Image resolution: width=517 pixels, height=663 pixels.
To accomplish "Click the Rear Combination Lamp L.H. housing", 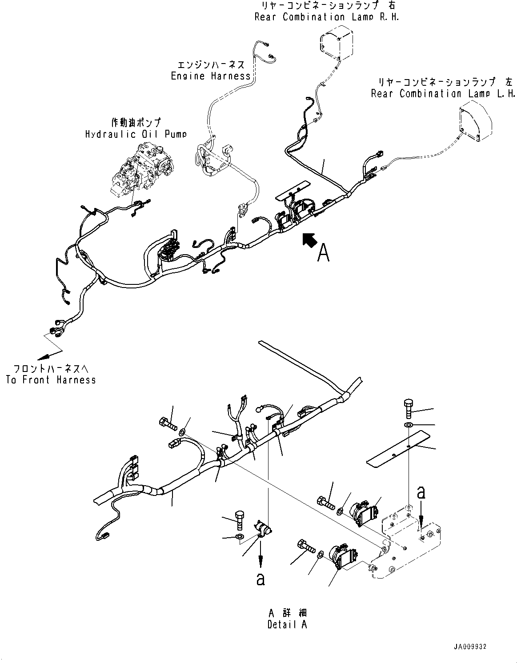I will point(476,125).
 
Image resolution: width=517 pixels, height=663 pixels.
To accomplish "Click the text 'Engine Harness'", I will point(211,76).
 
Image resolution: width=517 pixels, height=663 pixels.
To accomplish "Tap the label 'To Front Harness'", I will point(51,379).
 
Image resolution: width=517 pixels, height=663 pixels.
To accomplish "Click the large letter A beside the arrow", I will point(323,253).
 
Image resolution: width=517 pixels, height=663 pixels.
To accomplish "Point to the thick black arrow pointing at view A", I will point(309,240).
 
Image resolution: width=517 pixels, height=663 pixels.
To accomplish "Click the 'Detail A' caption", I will point(287,624).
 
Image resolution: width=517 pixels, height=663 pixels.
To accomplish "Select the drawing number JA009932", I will point(473,647).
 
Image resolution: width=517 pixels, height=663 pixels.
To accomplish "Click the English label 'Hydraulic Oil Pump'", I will point(136,134).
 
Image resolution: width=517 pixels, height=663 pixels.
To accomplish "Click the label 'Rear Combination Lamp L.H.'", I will point(443,94).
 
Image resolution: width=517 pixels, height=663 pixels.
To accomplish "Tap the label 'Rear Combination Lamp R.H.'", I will point(327,17).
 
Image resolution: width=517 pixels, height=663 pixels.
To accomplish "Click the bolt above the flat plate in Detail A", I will point(409,408).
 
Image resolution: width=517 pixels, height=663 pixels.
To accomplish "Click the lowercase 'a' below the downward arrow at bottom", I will point(261,580).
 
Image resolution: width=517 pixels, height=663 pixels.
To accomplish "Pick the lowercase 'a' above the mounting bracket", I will point(421,492).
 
